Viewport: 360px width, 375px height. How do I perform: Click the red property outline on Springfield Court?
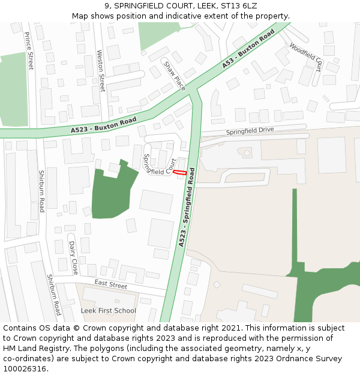[179, 172]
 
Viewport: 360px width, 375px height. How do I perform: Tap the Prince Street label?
[29, 52]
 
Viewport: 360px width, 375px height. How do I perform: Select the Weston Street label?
[101, 70]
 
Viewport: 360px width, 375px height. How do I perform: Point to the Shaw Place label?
[175, 76]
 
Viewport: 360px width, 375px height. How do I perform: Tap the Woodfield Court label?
[306, 56]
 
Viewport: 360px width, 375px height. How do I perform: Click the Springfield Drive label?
[250, 131]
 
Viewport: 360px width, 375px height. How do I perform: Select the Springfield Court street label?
[159, 164]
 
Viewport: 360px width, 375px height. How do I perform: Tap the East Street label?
[110, 284]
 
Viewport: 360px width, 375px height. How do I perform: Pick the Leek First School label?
[109, 311]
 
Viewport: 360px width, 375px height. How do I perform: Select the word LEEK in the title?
[204, 6]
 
